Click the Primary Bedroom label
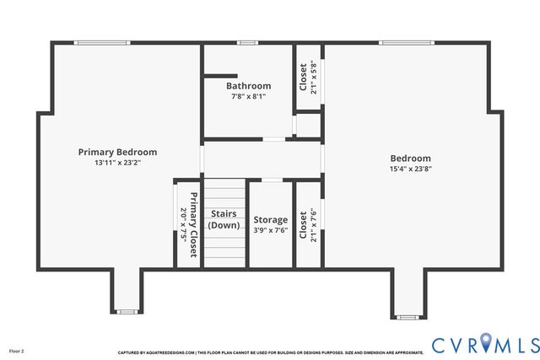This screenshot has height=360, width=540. (x=117, y=152)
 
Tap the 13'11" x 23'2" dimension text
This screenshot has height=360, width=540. (x=117, y=163)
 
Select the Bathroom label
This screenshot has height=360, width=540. (x=248, y=86)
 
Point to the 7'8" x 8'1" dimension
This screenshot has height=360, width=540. (x=248, y=96)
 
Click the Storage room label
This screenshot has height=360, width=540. (x=270, y=220)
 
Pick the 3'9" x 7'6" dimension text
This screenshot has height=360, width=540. (x=270, y=230)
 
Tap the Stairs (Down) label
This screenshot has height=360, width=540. (x=224, y=219)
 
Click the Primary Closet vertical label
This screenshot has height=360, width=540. (x=193, y=224)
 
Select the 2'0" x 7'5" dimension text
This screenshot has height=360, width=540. (x=183, y=224)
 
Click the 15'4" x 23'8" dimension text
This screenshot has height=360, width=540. (x=410, y=169)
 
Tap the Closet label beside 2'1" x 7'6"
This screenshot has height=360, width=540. (x=304, y=223)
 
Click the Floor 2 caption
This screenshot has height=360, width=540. (x=17, y=350)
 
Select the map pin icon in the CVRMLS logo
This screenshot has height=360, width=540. (x=487, y=342)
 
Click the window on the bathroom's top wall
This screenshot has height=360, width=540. (x=246, y=42)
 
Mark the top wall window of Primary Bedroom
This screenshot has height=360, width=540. (x=101, y=42)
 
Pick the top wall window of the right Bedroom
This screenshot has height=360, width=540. (x=406, y=42)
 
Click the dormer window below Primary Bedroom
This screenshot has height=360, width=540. (x=127, y=312)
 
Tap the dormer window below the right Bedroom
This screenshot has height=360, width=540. (x=407, y=317)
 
